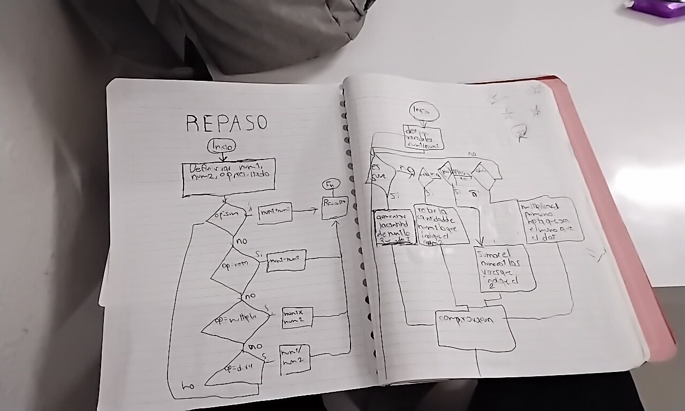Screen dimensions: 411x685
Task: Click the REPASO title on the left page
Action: (x=226, y=123)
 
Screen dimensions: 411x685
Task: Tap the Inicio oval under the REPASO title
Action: (x=222, y=146)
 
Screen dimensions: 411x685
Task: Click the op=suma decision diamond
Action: (x=226, y=217)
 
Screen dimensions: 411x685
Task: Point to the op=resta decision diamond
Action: (x=235, y=266)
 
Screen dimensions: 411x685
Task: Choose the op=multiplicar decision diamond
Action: (x=235, y=321)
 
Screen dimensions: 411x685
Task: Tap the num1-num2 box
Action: (x=286, y=261)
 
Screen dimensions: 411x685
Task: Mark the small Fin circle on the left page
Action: (x=331, y=185)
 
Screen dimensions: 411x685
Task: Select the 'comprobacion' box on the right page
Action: (x=475, y=326)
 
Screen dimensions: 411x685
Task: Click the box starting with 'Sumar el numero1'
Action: (x=505, y=268)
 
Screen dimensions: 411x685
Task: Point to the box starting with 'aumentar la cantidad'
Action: (x=393, y=227)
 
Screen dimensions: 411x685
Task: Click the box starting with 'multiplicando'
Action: (x=550, y=220)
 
